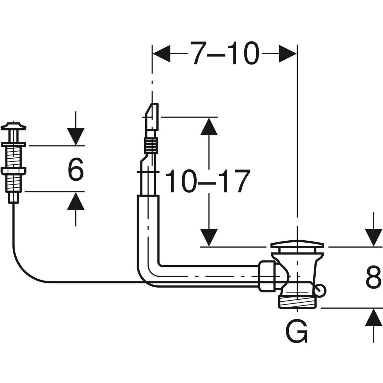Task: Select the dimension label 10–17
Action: [x=207, y=181]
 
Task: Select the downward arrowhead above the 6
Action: [x=76, y=137]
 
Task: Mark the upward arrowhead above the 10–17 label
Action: [x=209, y=126]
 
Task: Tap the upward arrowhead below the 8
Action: [x=374, y=318]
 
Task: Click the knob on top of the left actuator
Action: [x=14, y=125]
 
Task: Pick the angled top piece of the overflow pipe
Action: [x=152, y=115]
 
